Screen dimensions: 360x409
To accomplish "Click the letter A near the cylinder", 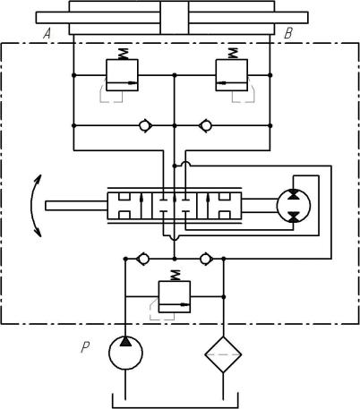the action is tap(47, 33).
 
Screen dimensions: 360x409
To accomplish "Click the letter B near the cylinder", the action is tap(288, 33).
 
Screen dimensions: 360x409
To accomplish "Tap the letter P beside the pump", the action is tap(85, 347).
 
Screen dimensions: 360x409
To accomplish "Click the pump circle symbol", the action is tap(125, 353).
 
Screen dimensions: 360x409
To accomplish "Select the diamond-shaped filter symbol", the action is tap(223, 354).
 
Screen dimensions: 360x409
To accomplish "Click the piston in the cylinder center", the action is tap(175, 18).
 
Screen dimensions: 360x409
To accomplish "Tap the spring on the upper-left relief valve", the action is tap(123, 54).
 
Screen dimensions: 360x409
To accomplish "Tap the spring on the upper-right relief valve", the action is tap(232, 54).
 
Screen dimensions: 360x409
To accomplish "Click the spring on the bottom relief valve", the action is tap(176, 276).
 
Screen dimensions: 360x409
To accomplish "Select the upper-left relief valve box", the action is tap(122, 75).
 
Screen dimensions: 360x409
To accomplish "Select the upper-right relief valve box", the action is tap(232, 75).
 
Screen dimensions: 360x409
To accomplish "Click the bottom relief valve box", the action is tap(175, 297).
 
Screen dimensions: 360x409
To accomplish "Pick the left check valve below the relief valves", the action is tap(146, 126).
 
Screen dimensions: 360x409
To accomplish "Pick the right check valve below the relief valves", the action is tap(205, 126).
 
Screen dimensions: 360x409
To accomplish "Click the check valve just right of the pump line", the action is tap(143, 259).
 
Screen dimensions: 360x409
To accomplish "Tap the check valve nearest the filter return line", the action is tap(206, 259).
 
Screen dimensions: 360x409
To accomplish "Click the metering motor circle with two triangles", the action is tap(294, 206).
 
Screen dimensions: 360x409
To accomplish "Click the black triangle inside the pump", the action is tap(125, 341).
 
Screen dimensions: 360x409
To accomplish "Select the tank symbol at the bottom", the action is tap(176, 407).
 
